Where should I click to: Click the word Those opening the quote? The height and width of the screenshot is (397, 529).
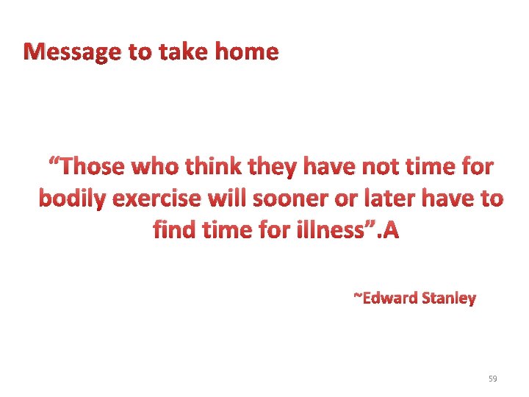pos(88,167)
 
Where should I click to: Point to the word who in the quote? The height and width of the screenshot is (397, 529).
pos(158,167)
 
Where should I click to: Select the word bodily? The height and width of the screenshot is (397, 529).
pos(71,199)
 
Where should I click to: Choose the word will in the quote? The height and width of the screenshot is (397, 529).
pos(230,199)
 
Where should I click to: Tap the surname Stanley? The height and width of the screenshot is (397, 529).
pos(448,298)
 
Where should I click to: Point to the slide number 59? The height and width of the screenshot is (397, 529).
pos(492,379)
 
